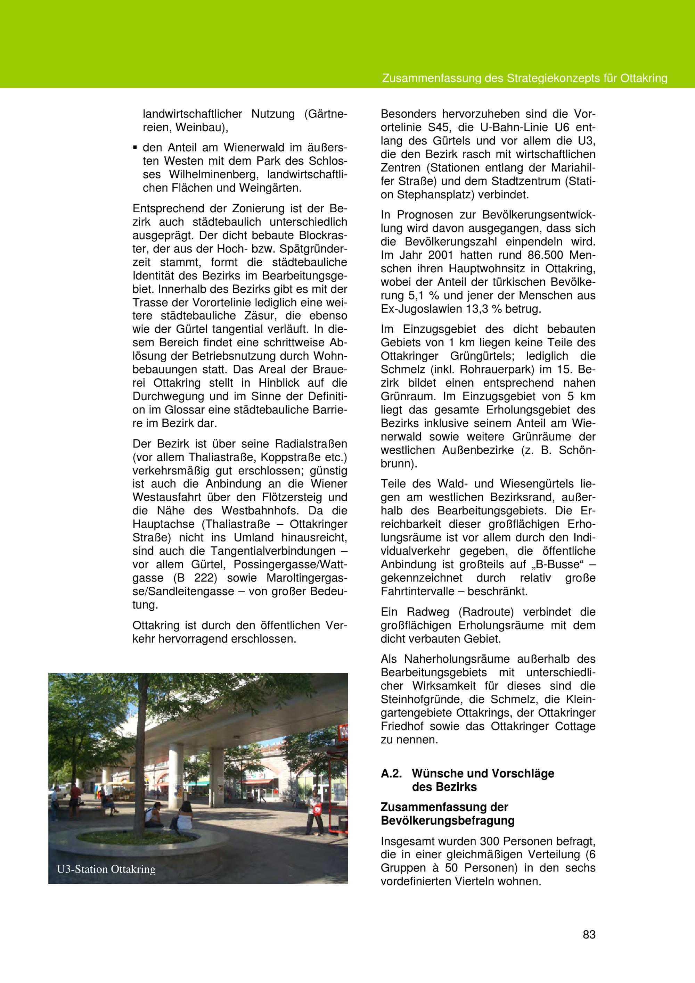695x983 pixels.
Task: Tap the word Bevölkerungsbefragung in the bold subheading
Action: pos(448,821)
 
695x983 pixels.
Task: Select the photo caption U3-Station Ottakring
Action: pos(106,869)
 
